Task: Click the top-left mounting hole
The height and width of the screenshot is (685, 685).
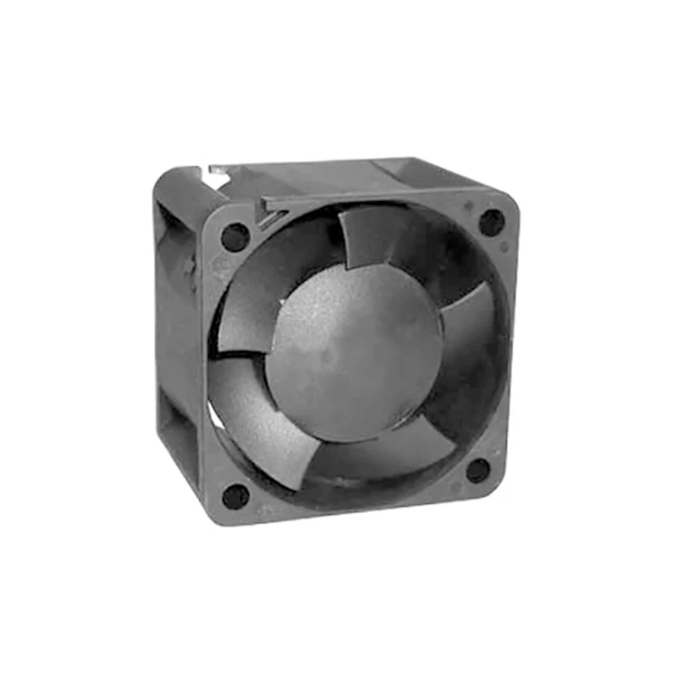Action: (235, 235)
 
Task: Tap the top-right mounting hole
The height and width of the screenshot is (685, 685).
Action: (491, 223)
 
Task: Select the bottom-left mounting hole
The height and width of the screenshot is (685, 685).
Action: (235, 496)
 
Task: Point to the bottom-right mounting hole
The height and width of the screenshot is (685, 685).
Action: (478, 470)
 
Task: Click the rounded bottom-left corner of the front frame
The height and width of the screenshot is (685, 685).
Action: (214, 514)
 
